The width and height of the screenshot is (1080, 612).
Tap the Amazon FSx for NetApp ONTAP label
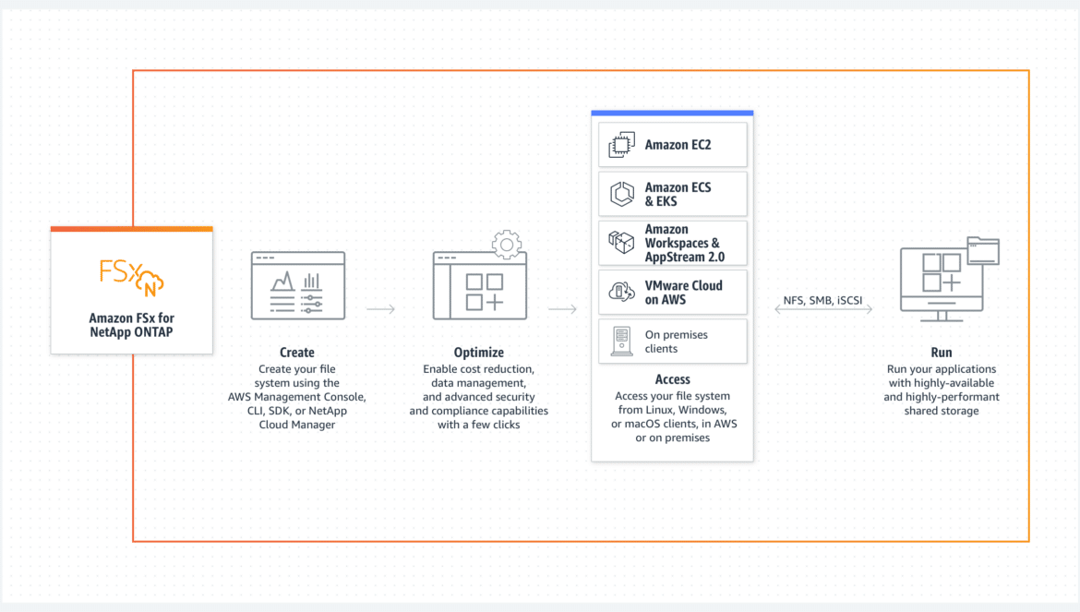tap(132, 325)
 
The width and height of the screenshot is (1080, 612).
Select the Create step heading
tap(297, 353)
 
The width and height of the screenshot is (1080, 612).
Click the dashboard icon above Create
tap(298, 285)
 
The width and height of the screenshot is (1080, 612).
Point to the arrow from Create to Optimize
tap(381, 309)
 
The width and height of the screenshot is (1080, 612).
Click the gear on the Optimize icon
tap(506, 245)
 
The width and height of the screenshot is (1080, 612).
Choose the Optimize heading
tap(479, 353)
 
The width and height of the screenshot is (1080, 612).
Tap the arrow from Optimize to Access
tap(563, 309)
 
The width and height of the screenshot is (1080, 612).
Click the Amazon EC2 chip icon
tap(621, 145)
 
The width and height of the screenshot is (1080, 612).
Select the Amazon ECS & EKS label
tap(678, 194)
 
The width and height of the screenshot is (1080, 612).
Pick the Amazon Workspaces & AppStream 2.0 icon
tap(621, 243)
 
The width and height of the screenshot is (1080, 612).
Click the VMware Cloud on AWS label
tap(683, 293)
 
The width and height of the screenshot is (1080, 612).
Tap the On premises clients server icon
tap(621, 342)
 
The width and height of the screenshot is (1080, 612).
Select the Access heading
tap(672, 379)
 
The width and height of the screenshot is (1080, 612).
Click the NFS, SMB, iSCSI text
tap(822, 300)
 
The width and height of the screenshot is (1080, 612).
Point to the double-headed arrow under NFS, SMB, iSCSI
tap(823, 309)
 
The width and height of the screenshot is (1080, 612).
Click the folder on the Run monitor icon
tap(983, 250)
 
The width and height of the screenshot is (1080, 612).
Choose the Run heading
tap(942, 353)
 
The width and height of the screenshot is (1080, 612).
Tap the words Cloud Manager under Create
tap(297, 425)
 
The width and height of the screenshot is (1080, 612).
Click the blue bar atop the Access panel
tap(672, 113)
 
